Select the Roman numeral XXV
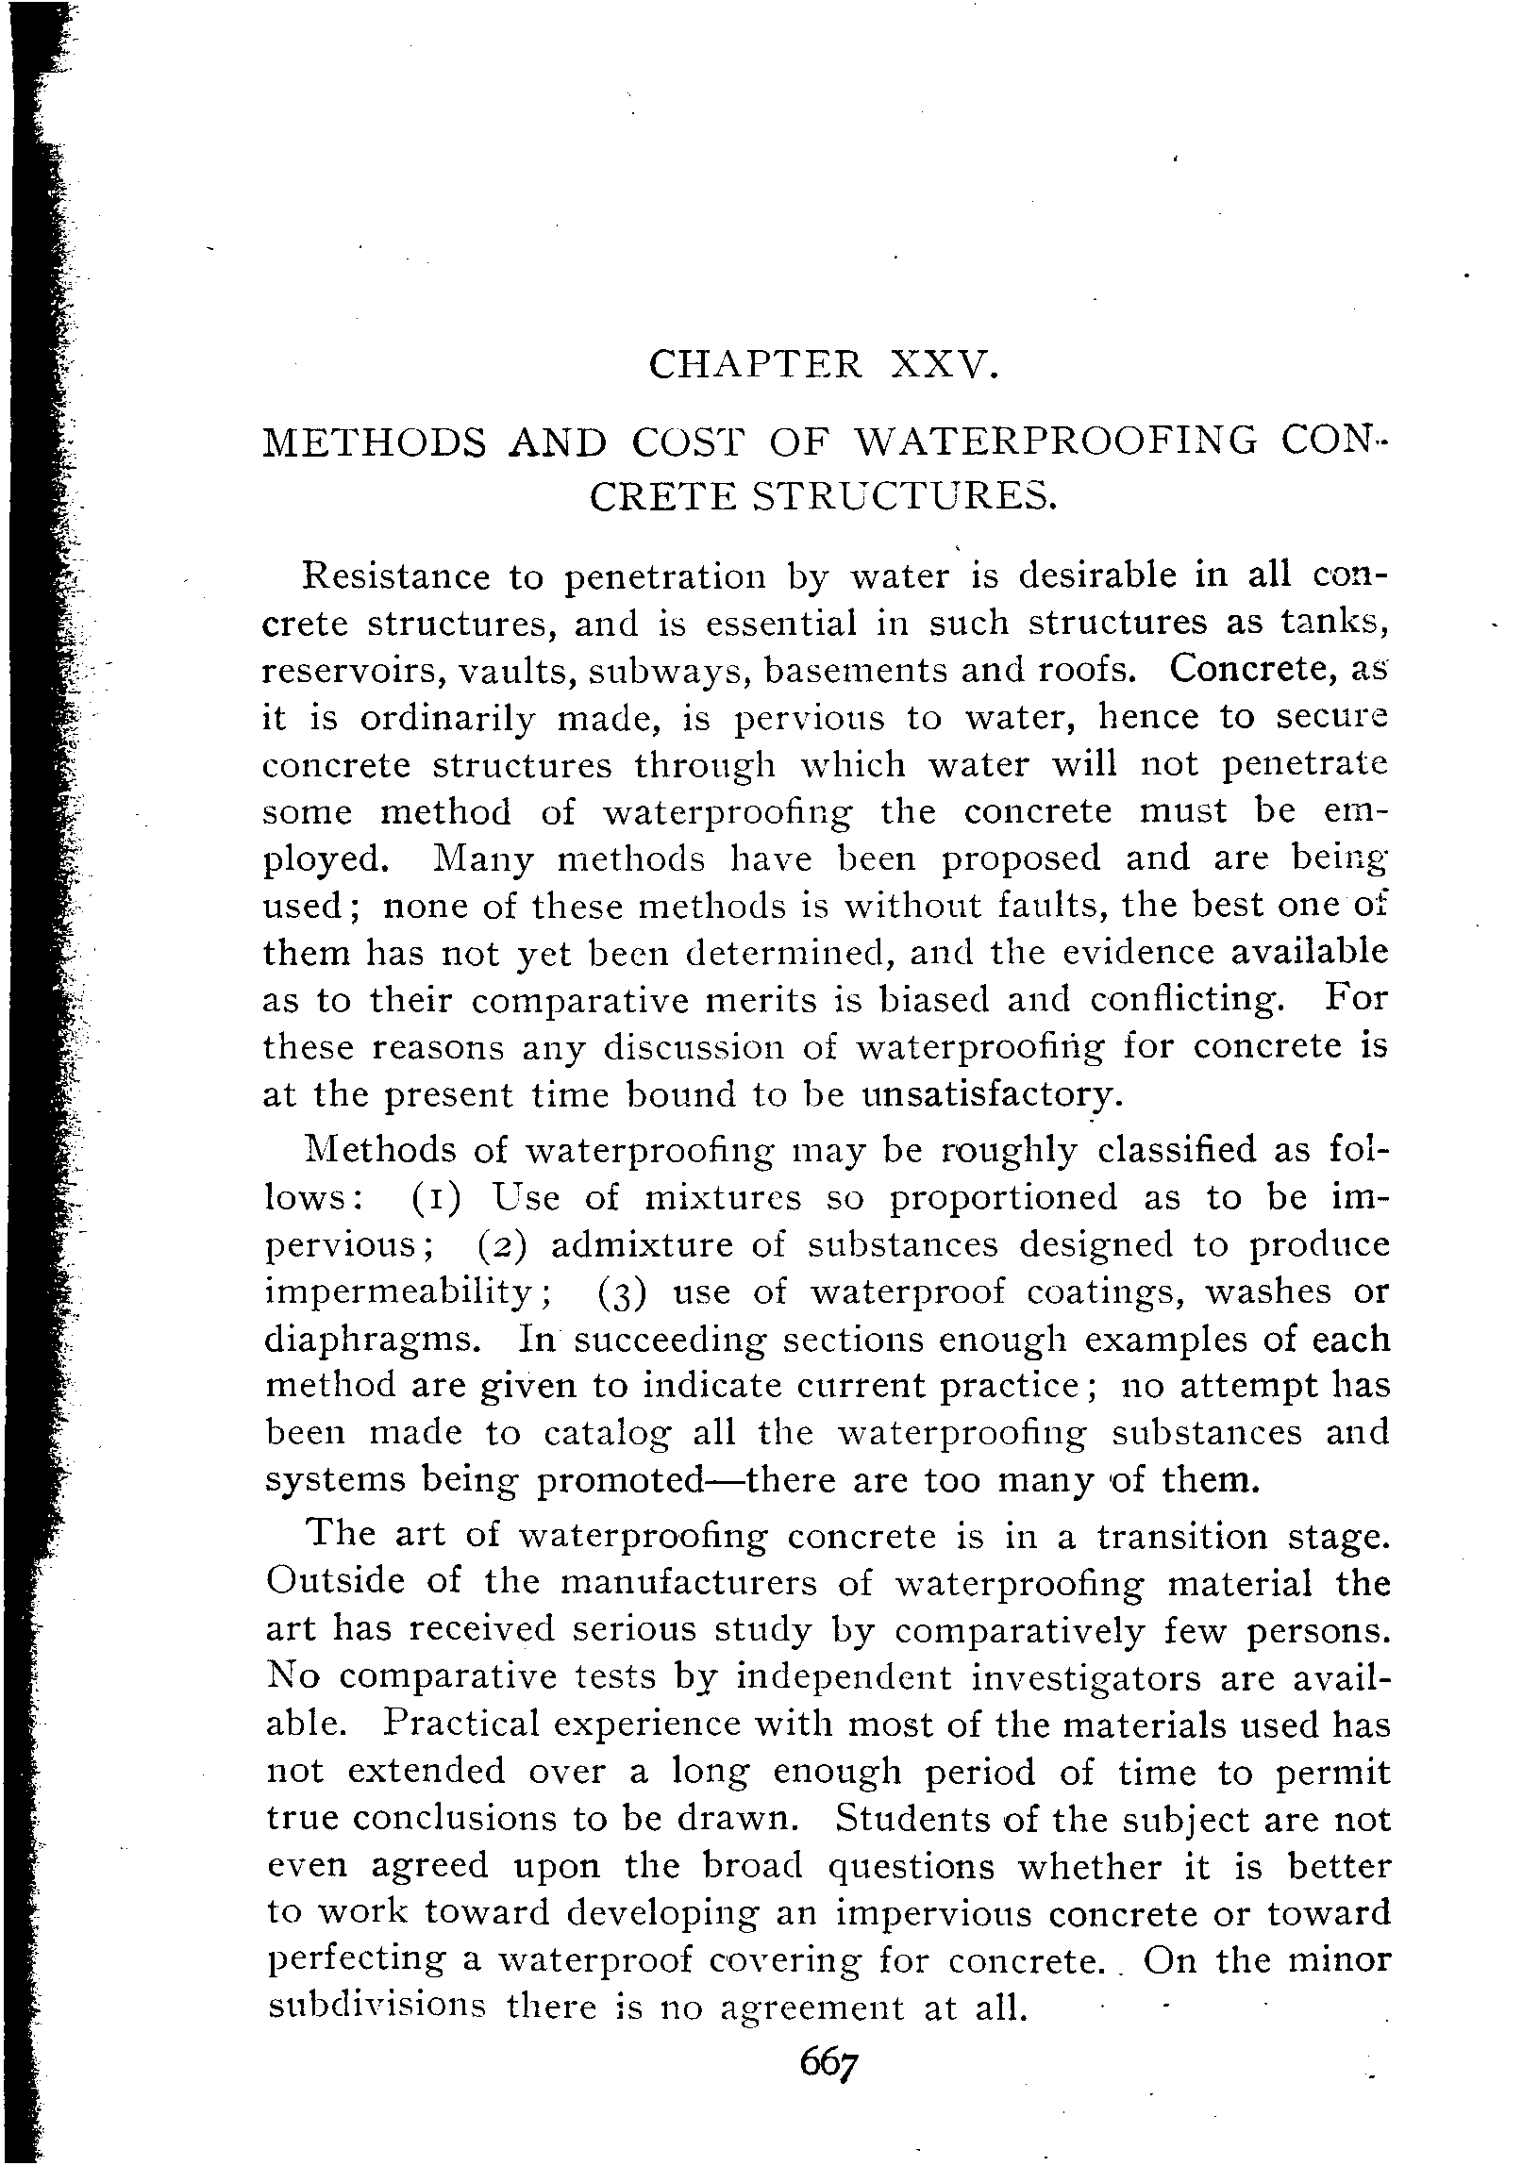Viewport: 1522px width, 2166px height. (x=943, y=365)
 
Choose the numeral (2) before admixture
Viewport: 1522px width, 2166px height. (x=493, y=1246)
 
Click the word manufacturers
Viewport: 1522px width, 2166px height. (x=689, y=1582)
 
